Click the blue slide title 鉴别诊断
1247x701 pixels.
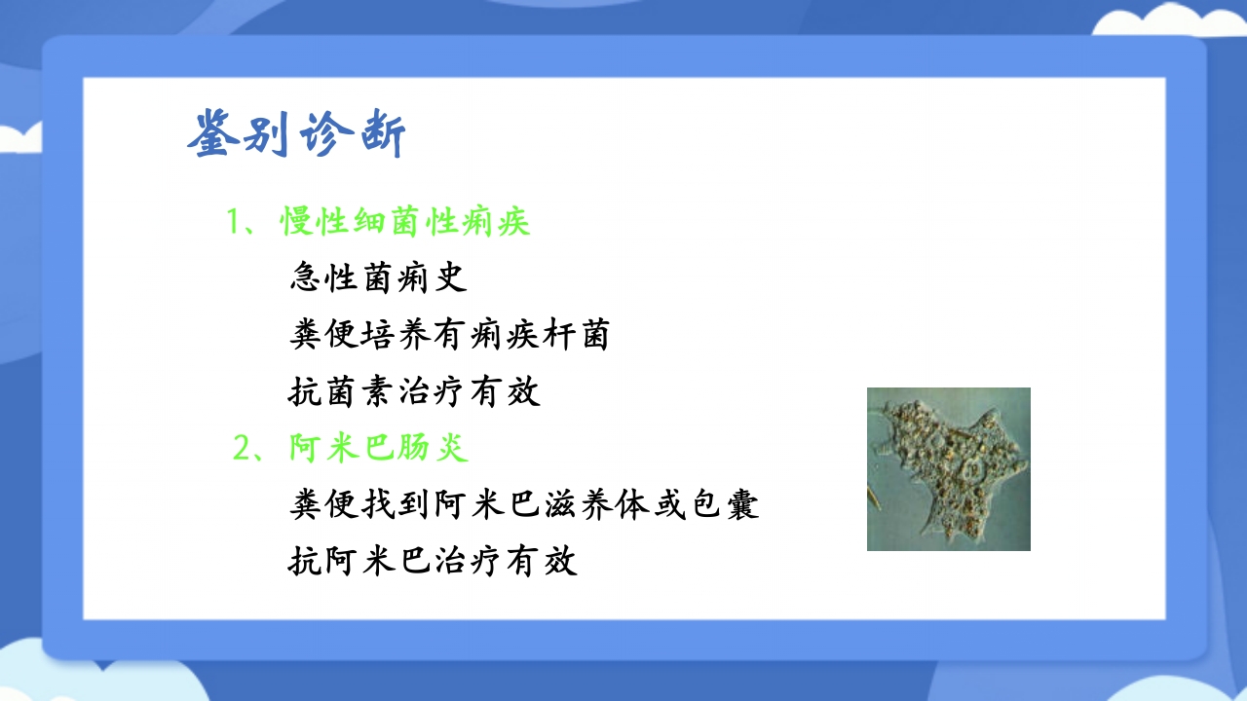click(296, 133)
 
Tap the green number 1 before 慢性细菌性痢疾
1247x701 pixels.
click(234, 222)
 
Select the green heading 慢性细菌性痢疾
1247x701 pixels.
click(405, 222)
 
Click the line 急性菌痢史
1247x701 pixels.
click(378, 278)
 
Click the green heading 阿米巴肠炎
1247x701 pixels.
click(379, 449)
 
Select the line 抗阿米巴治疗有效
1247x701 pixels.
click(434, 562)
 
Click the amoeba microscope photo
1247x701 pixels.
click(948, 469)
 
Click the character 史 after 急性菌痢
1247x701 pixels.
click(451, 278)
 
